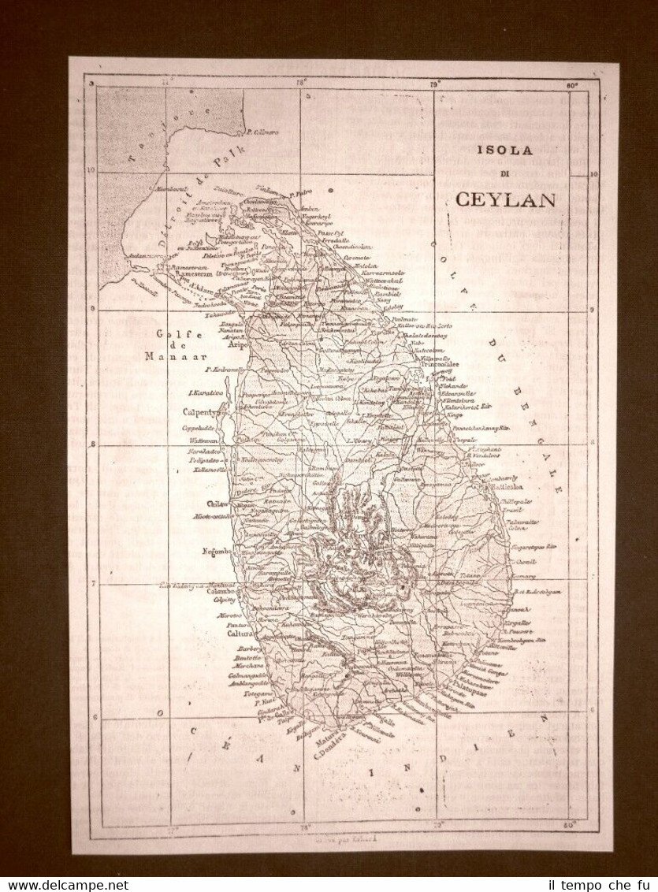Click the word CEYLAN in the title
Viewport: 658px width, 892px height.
click(505, 199)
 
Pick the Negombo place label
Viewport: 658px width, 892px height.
click(215, 551)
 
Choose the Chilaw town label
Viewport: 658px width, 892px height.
click(217, 504)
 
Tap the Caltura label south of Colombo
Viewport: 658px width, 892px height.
click(237, 633)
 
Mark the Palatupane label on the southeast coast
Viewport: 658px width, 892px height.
click(475, 685)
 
